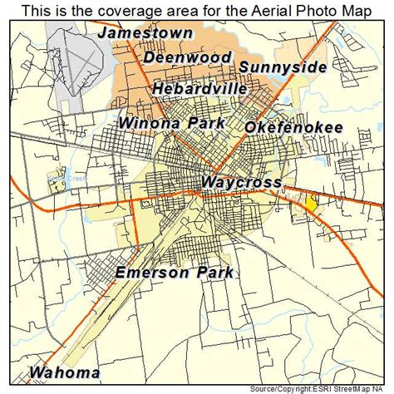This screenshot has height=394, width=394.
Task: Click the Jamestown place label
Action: point(145,34)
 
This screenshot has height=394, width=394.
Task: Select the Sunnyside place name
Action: point(282,67)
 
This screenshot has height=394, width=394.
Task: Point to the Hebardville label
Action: point(199,89)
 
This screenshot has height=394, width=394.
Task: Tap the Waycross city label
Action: point(241,182)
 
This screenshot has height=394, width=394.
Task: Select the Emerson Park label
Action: point(175,273)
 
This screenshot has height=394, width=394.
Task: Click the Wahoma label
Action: point(65,372)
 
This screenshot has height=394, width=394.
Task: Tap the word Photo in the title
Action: point(303,10)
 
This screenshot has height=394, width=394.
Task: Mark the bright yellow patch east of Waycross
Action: point(311,203)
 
